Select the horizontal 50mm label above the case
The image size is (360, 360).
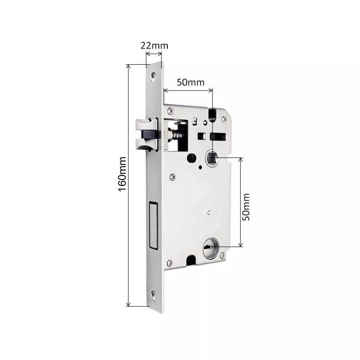click(190, 82)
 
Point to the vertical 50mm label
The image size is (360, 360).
click(246, 207)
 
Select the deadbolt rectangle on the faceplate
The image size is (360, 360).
click(152, 225)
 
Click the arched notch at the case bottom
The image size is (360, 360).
click(190, 260)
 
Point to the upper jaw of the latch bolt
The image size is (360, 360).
click(143, 122)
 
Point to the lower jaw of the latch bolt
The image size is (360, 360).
click(143, 144)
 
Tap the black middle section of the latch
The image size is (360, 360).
click(148, 133)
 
